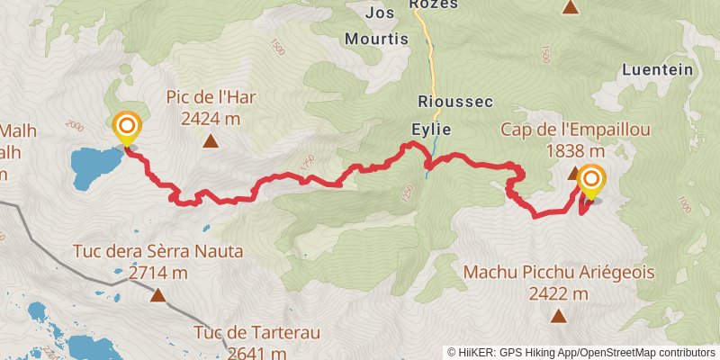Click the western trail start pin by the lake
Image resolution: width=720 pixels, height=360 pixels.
(127, 128)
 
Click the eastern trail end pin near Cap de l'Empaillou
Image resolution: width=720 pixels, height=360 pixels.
(591, 182)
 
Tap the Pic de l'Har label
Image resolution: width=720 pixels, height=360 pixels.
(210, 97)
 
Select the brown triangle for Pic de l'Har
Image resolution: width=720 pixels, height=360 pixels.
(211, 140)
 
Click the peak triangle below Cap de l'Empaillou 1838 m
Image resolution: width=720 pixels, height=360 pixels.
(574, 172)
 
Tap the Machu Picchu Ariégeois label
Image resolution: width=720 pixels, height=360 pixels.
(558, 272)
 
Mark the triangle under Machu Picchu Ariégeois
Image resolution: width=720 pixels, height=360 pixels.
(559, 315)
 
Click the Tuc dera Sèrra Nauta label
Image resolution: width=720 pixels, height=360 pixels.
(159, 251)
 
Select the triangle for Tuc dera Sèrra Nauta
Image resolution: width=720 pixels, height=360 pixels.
(158, 294)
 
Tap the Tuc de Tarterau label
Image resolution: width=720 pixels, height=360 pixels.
(256, 332)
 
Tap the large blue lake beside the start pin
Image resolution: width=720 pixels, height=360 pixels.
(93, 166)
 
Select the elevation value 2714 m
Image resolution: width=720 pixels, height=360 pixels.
(157, 272)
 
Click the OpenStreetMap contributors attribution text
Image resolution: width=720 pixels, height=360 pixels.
(648, 353)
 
